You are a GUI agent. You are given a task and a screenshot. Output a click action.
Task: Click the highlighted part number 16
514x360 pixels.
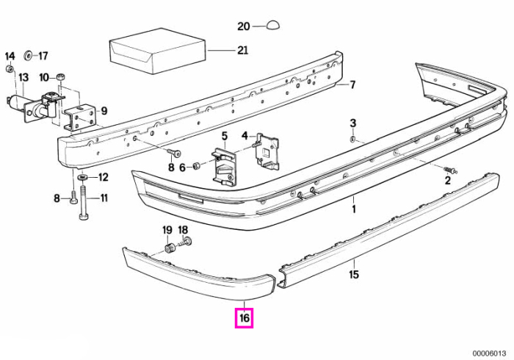[x=245, y=318]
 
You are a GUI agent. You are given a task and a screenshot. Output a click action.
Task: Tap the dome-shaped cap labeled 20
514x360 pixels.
[x=272, y=25]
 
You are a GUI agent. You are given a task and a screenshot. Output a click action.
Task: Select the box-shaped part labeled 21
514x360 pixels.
[x=157, y=51]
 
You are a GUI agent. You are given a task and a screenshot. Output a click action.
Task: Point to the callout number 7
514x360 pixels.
[x=352, y=85]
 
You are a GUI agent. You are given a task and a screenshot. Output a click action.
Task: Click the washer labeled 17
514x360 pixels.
[x=28, y=56]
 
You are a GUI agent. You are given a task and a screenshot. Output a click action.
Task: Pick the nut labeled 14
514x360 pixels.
[x=10, y=69]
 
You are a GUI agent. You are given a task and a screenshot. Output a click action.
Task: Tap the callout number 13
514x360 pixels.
[x=23, y=78]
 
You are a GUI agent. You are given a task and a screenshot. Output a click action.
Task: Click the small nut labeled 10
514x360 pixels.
[x=60, y=77]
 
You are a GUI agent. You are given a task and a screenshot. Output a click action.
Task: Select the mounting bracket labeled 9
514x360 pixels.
[x=79, y=118]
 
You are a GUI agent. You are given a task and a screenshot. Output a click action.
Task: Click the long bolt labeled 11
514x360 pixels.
[x=83, y=203]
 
